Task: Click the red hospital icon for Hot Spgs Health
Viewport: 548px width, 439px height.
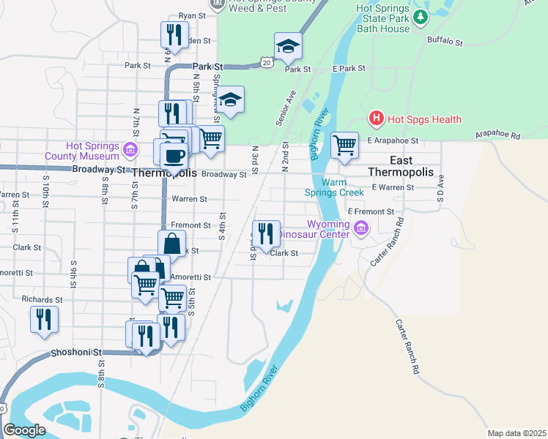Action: click(x=376, y=119)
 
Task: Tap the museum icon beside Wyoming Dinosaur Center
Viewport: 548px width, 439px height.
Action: click(x=360, y=229)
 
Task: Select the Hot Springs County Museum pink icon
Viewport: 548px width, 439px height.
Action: click(x=130, y=151)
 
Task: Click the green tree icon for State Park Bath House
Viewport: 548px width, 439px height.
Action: click(x=421, y=17)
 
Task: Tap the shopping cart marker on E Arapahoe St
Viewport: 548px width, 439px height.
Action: click(x=344, y=144)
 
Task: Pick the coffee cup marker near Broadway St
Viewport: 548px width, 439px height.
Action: click(x=174, y=156)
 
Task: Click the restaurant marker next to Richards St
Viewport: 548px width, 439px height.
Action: click(x=44, y=320)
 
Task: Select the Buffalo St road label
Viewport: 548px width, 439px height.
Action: click(x=445, y=43)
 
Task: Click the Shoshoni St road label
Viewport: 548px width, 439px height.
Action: click(x=76, y=353)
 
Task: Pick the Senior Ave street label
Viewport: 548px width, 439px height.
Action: click(x=285, y=108)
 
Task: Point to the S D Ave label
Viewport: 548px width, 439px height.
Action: click(x=440, y=188)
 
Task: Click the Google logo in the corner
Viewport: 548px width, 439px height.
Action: click(x=24, y=430)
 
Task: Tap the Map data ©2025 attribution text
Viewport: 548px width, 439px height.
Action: click(x=516, y=433)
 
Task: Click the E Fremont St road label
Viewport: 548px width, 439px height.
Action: click(x=371, y=211)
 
